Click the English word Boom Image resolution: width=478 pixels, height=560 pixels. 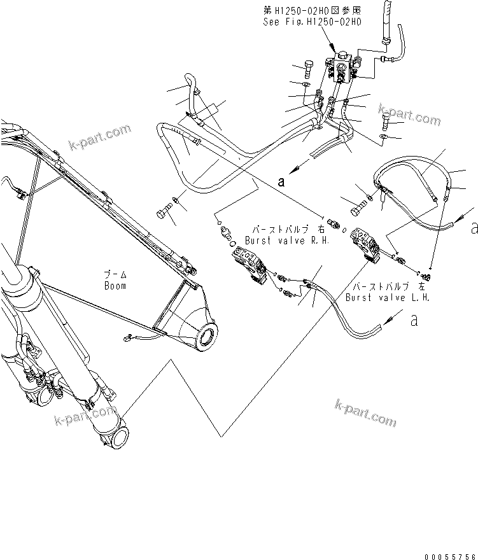(x=115, y=286)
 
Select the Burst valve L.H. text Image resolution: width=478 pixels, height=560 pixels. (x=387, y=297)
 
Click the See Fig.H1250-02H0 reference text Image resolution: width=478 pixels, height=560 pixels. (x=312, y=21)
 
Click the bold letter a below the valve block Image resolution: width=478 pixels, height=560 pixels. (x=280, y=181)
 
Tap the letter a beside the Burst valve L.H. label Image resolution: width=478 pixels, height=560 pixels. (x=414, y=320)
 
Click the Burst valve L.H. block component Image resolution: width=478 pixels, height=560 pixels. (x=366, y=244)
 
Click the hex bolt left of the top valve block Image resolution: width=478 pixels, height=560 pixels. (x=306, y=68)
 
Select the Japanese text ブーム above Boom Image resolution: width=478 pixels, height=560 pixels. (x=115, y=274)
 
